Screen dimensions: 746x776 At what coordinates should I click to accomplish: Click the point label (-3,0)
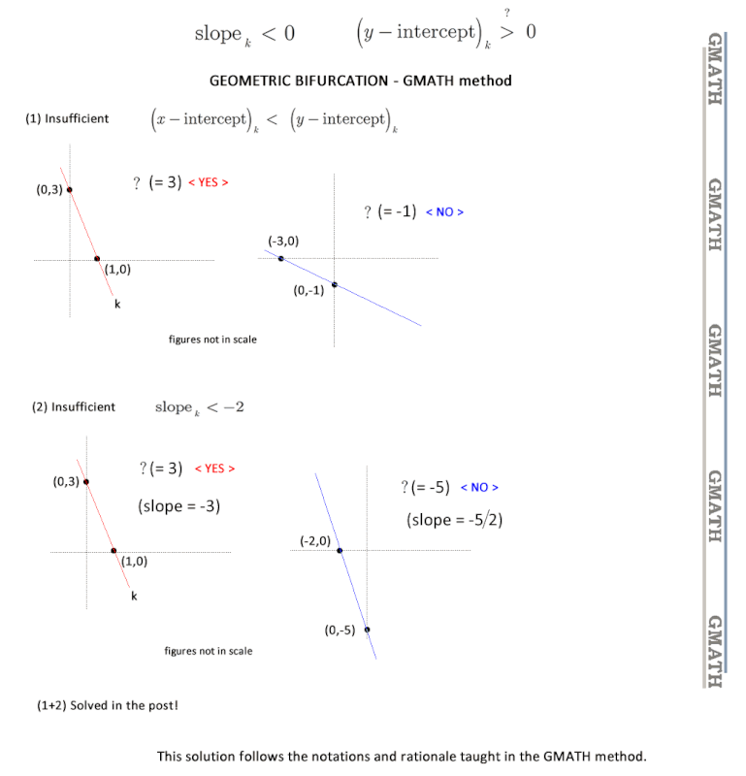tap(283, 241)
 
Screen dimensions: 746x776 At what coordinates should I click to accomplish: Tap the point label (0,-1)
tap(308, 290)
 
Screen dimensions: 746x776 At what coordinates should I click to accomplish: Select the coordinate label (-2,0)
tap(315, 541)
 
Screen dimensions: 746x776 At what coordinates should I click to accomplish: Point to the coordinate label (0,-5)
tap(340, 630)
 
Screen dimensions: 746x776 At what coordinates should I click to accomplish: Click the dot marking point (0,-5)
tap(367, 630)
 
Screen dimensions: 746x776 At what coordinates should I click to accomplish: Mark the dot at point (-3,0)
tap(280, 258)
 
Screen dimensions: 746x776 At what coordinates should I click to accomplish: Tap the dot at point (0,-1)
tap(335, 284)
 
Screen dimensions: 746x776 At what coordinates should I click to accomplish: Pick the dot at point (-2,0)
tap(340, 550)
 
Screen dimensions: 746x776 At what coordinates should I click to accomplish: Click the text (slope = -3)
tap(178, 505)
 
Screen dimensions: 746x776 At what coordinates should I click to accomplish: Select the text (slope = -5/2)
tap(454, 520)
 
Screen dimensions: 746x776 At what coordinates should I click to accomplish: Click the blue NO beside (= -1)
tap(444, 211)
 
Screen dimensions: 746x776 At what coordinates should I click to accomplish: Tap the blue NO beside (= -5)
tap(479, 488)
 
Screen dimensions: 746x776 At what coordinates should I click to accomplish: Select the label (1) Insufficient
tap(67, 118)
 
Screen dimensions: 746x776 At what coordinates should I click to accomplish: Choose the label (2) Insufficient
tap(74, 406)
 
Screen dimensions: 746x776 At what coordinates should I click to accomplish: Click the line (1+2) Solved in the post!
tap(108, 705)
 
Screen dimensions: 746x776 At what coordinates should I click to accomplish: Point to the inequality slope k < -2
tap(200, 407)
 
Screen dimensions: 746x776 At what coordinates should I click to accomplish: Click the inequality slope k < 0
tap(244, 34)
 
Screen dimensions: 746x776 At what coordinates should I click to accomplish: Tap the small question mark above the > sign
tap(507, 13)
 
